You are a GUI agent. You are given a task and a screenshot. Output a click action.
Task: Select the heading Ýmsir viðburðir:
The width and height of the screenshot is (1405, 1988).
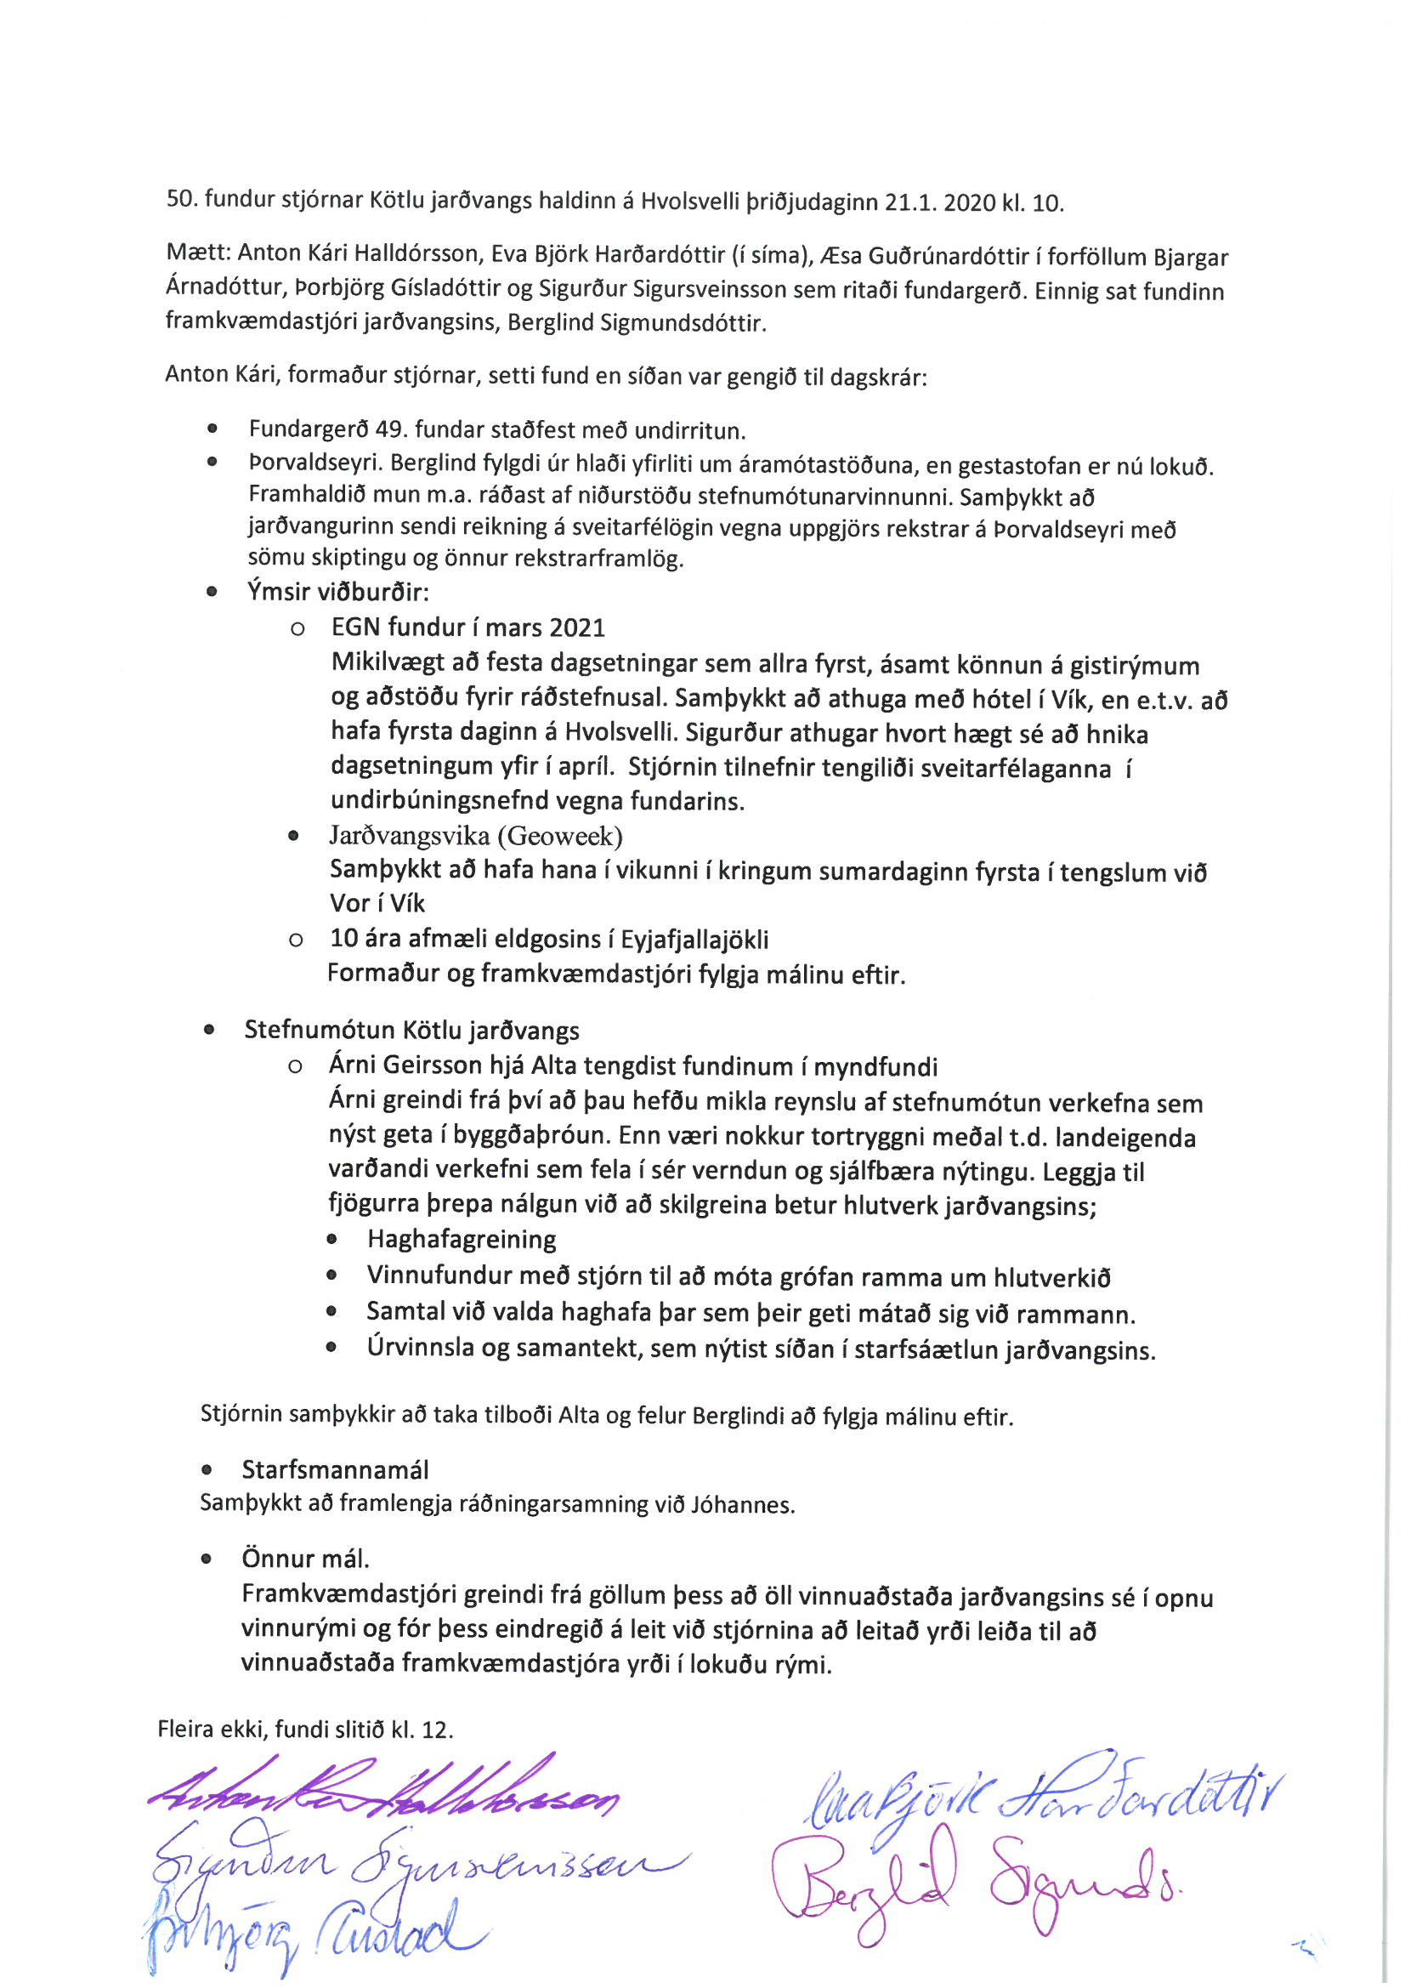coord(337,593)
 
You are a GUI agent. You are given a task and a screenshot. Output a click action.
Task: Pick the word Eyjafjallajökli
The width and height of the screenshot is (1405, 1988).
coord(694,940)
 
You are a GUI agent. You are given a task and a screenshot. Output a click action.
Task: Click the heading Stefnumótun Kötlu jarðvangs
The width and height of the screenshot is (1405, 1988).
coord(411,1031)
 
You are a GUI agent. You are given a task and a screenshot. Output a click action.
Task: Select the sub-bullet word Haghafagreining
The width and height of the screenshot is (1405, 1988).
coord(462,1239)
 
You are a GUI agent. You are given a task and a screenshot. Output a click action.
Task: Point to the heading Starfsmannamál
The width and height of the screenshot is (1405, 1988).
coord(335,1470)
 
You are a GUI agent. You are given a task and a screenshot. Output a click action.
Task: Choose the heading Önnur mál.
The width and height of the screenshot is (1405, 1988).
coord(306,1559)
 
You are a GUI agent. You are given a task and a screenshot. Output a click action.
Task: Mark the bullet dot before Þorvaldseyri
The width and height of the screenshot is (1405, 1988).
coord(212,463)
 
